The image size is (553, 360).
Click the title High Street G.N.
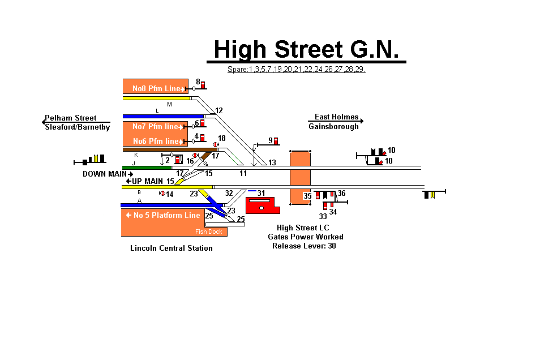[x=306, y=49]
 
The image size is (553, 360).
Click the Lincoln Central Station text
[x=172, y=248]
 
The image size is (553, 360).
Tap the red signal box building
[x=262, y=205]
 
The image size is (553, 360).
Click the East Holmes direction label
[x=336, y=117]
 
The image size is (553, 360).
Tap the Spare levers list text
[x=296, y=70]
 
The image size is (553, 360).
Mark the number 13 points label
[x=272, y=163]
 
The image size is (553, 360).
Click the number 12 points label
[x=219, y=110]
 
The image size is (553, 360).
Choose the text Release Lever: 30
[x=304, y=246]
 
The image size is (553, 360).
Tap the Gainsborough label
[x=333, y=127]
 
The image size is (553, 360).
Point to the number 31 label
[x=261, y=193]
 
